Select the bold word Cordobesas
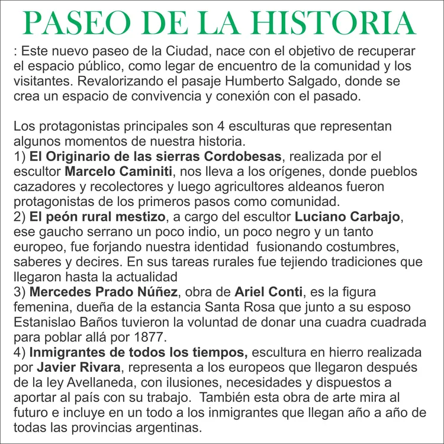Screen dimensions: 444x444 (x=242, y=157)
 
